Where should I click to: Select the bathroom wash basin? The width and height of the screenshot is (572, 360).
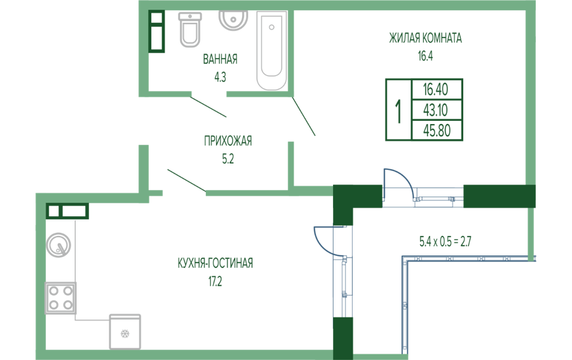click(233, 20)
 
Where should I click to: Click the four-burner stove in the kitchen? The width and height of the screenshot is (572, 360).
click(60, 297)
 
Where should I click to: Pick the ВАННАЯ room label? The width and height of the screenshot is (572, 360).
click(220, 60)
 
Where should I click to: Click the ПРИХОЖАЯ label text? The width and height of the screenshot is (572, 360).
click(228, 141)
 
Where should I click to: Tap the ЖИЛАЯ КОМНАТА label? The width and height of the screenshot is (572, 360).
click(425, 38)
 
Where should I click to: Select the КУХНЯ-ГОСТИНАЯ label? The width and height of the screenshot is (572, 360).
click(215, 263)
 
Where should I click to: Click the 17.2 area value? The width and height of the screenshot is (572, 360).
click(215, 279)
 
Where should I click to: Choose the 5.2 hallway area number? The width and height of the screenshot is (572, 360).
click(228, 159)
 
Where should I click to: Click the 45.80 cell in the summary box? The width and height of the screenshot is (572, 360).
click(437, 130)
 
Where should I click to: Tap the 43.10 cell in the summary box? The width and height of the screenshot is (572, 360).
click(437, 110)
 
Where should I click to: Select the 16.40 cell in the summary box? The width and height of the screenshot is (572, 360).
click(437, 89)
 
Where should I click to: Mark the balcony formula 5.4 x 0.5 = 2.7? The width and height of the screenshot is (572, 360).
click(445, 241)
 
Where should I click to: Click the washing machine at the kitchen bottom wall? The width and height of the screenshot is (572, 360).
click(125, 331)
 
